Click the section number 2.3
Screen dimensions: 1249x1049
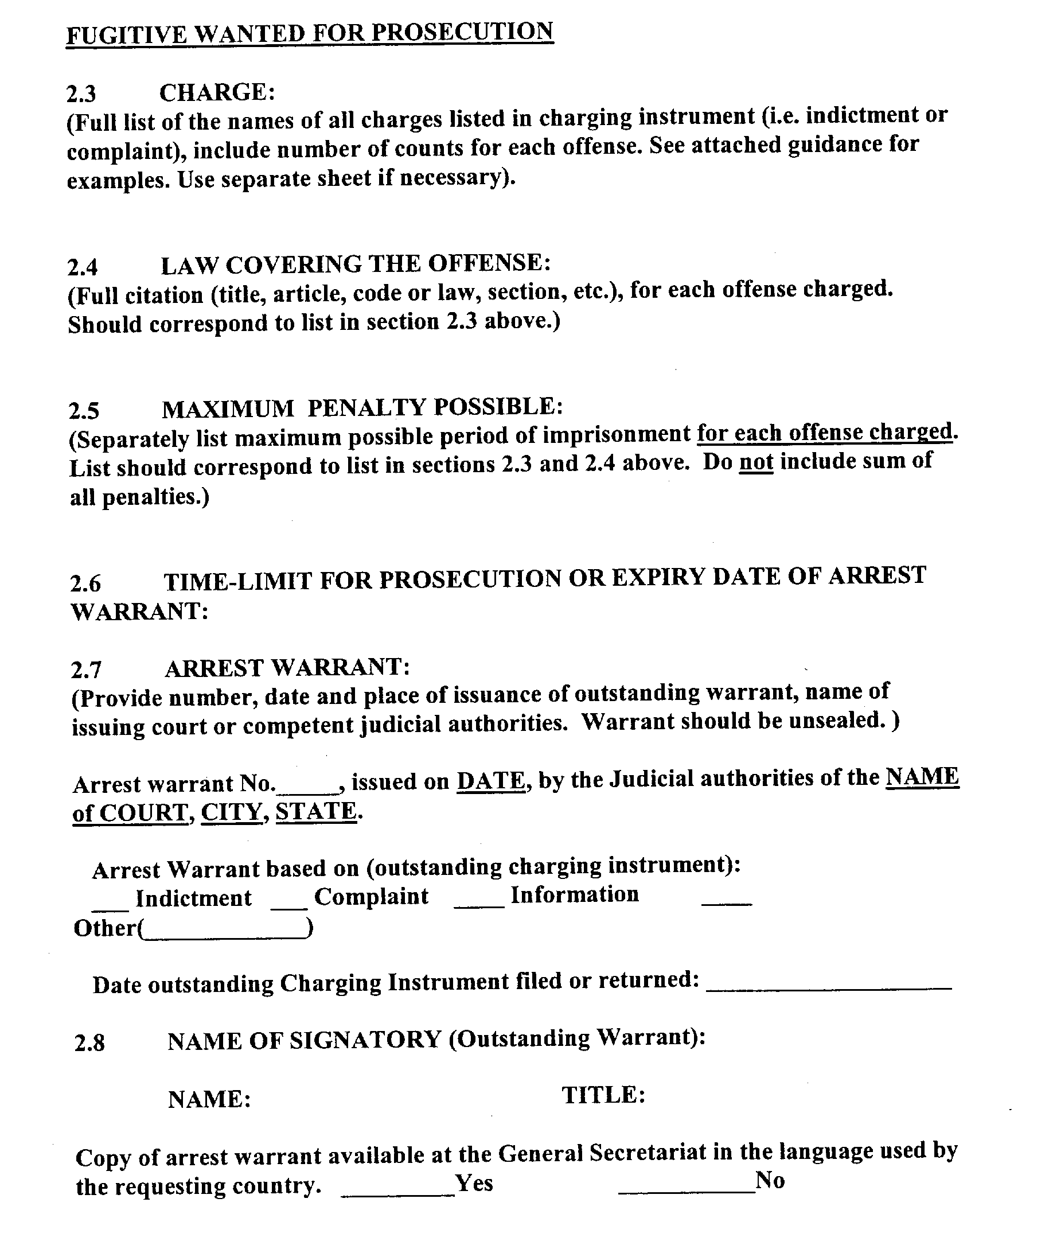point(81,94)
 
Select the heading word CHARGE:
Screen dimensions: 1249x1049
point(217,92)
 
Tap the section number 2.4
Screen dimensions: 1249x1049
point(83,267)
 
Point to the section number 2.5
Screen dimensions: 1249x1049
point(84,411)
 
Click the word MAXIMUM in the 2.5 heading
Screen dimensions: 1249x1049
point(228,408)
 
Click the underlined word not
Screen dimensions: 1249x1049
point(756,462)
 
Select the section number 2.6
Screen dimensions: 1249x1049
point(85,583)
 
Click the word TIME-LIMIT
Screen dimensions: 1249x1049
point(237,581)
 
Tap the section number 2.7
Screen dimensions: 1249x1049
point(86,670)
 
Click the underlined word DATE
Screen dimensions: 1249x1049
point(491,780)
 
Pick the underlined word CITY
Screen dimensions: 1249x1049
point(231,812)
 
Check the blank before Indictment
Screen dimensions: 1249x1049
point(110,908)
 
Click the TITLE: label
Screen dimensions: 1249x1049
point(603,1094)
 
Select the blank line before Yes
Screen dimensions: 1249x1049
point(397,1193)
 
